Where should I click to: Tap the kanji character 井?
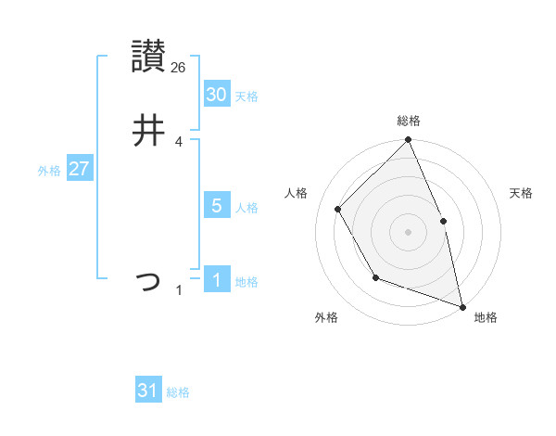tap(148, 131)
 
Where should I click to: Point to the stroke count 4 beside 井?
tap(179, 142)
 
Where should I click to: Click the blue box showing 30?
tap(216, 95)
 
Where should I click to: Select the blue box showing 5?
tap(216, 206)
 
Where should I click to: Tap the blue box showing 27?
tap(79, 169)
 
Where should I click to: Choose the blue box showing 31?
tap(148, 391)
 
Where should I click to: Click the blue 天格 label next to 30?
tap(246, 96)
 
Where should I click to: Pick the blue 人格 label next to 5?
tap(246, 208)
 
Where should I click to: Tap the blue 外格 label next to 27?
tap(49, 171)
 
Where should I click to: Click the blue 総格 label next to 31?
tap(178, 392)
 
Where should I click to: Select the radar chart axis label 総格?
tap(409, 121)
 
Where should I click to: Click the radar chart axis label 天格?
tap(522, 193)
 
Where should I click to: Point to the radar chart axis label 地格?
tap(486, 317)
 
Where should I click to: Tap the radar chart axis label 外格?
tap(325, 317)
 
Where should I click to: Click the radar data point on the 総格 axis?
tap(409, 140)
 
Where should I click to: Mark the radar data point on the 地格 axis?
tap(462, 306)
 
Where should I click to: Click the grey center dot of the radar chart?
tap(409, 232)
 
